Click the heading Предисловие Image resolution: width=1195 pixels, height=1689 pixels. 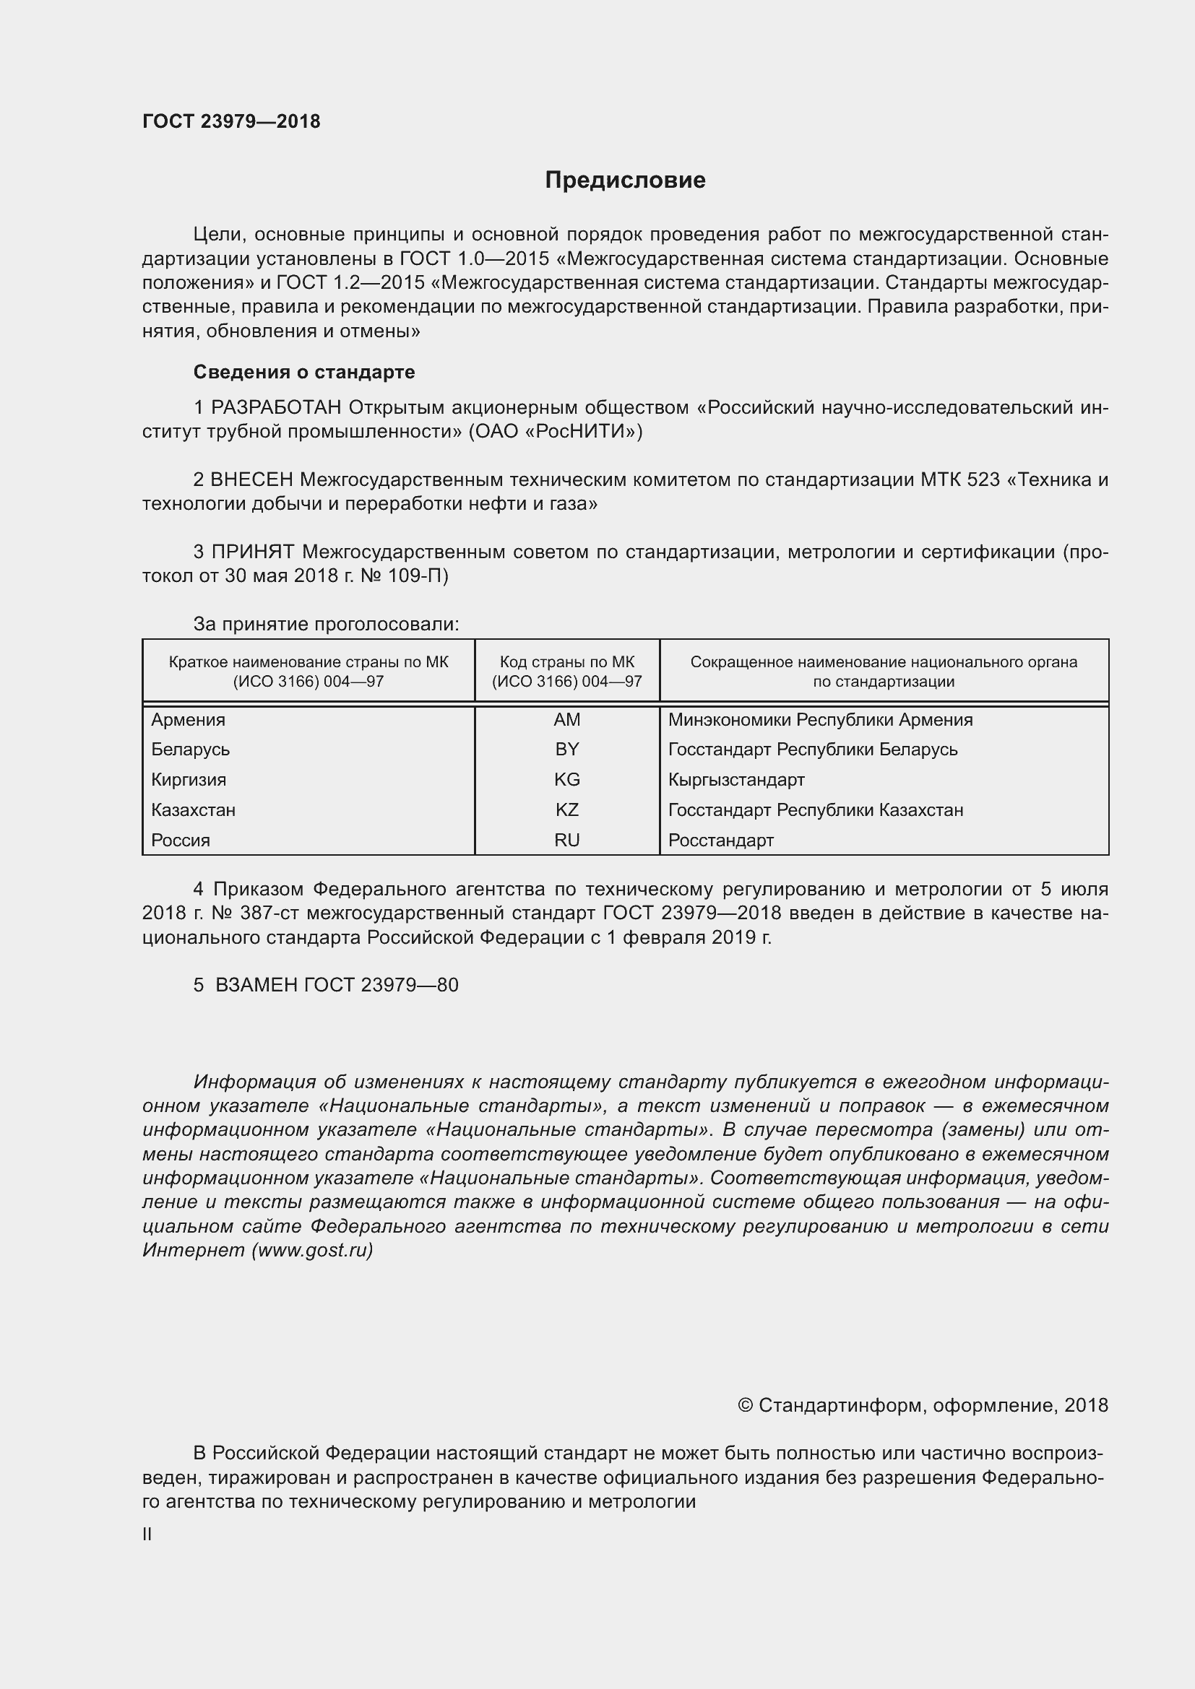tap(625, 181)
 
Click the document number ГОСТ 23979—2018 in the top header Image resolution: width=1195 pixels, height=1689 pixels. tap(231, 121)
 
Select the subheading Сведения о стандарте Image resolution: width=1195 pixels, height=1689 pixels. tap(304, 372)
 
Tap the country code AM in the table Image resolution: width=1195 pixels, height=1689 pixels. tap(566, 719)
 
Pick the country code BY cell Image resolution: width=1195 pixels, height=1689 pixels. tap(566, 749)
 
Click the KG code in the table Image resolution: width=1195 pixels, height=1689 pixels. tap(566, 779)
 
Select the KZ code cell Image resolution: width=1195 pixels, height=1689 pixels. tap(566, 809)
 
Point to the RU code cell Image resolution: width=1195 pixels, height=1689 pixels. tap(566, 839)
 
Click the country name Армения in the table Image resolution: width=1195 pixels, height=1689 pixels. tap(189, 719)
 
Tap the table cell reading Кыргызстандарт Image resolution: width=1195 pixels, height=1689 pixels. tap(735, 779)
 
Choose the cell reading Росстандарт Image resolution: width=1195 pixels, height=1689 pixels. tap(720, 839)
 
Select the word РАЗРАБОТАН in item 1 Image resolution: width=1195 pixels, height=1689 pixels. tap(276, 407)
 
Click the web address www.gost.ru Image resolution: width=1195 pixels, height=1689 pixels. tap(312, 1250)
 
